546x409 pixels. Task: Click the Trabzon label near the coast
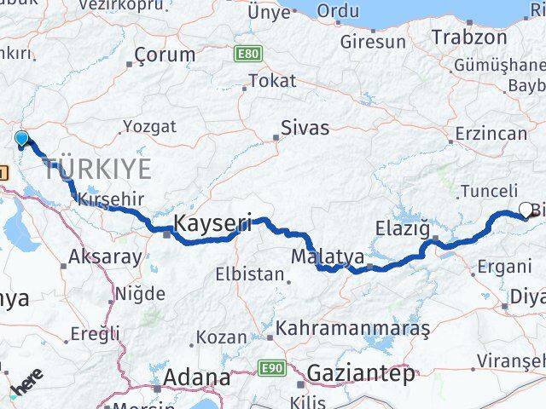pos(469,37)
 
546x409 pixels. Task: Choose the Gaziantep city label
pos(361,373)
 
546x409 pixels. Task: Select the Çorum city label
pos(166,56)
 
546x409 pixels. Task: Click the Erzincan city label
pos(491,134)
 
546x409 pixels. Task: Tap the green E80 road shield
pos(247,54)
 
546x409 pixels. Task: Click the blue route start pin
pos(22,139)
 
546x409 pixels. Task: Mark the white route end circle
pos(526,210)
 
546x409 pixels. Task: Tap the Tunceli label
pos(489,192)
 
